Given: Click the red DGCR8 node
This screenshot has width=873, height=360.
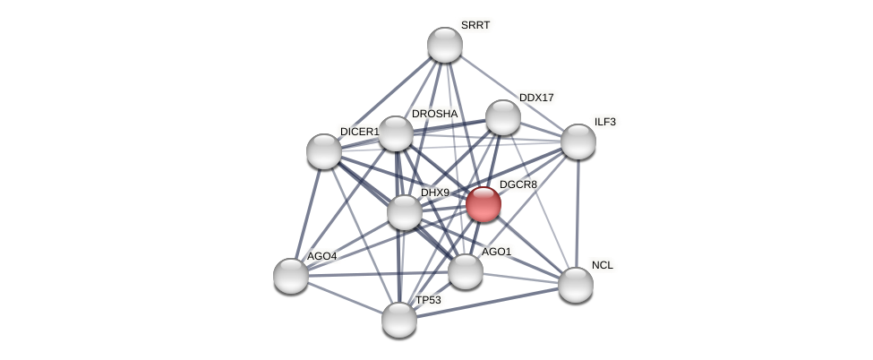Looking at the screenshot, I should click(x=483, y=204).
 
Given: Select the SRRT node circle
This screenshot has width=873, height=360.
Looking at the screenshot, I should click(x=445, y=45).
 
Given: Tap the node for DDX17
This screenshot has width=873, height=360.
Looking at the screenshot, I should click(x=503, y=117).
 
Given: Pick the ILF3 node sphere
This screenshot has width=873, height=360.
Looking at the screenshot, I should click(x=578, y=141).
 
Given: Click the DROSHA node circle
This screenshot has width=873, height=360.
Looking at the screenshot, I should click(x=396, y=133).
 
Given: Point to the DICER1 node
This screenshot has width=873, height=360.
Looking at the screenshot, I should click(x=324, y=150).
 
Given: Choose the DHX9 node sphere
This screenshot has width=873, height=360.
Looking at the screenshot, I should click(x=405, y=212).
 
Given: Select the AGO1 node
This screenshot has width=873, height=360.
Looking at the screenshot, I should click(x=466, y=271).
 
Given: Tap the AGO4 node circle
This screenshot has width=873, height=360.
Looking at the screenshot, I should click(x=291, y=276).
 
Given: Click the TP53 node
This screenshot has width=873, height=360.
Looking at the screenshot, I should click(x=399, y=320).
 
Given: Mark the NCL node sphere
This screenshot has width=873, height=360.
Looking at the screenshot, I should click(x=576, y=285).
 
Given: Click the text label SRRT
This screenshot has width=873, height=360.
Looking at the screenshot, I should click(x=475, y=25).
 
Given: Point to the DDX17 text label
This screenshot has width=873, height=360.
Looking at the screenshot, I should click(x=536, y=98).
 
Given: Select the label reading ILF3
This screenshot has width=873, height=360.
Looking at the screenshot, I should click(x=605, y=122).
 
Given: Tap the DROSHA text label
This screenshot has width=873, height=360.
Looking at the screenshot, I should click(x=434, y=114).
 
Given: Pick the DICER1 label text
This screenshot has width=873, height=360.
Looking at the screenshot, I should click(x=359, y=132).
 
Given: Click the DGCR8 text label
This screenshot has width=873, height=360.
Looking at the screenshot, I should click(x=518, y=184).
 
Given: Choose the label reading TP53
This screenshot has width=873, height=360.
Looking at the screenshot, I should click(x=428, y=300).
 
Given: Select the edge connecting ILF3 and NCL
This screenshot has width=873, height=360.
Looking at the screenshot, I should click(x=578, y=213).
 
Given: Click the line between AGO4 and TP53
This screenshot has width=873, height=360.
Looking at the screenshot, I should click(x=345, y=297).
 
